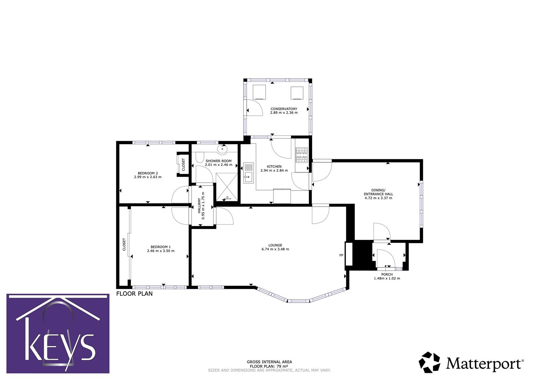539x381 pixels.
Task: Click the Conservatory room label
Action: pyautogui.click(x=284, y=109)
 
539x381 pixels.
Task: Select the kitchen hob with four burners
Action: pyautogui.click(x=302, y=156)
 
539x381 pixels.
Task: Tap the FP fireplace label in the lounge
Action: pyautogui.click(x=341, y=255)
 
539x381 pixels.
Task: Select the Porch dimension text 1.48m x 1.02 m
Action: pyautogui.click(x=387, y=278)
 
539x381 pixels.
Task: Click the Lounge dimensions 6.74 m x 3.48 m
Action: pyautogui.click(x=275, y=249)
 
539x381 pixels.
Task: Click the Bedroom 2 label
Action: pyautogui.click(x=148, y=173)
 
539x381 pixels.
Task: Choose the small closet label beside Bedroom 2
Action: pyautogui.click(x=183, y=165)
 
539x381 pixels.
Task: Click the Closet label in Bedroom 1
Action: pyautogui.click(x=124, y=244)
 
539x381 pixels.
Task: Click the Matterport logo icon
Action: pyautogui.click(x=430, y=362)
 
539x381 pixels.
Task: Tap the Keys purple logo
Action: pyautogui.click(x=58, y=333)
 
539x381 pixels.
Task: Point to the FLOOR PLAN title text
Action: pyautogui.click(x=134, y=294)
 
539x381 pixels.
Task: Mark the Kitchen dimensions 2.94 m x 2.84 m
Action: pyautogui.click(x=274, y=170)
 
